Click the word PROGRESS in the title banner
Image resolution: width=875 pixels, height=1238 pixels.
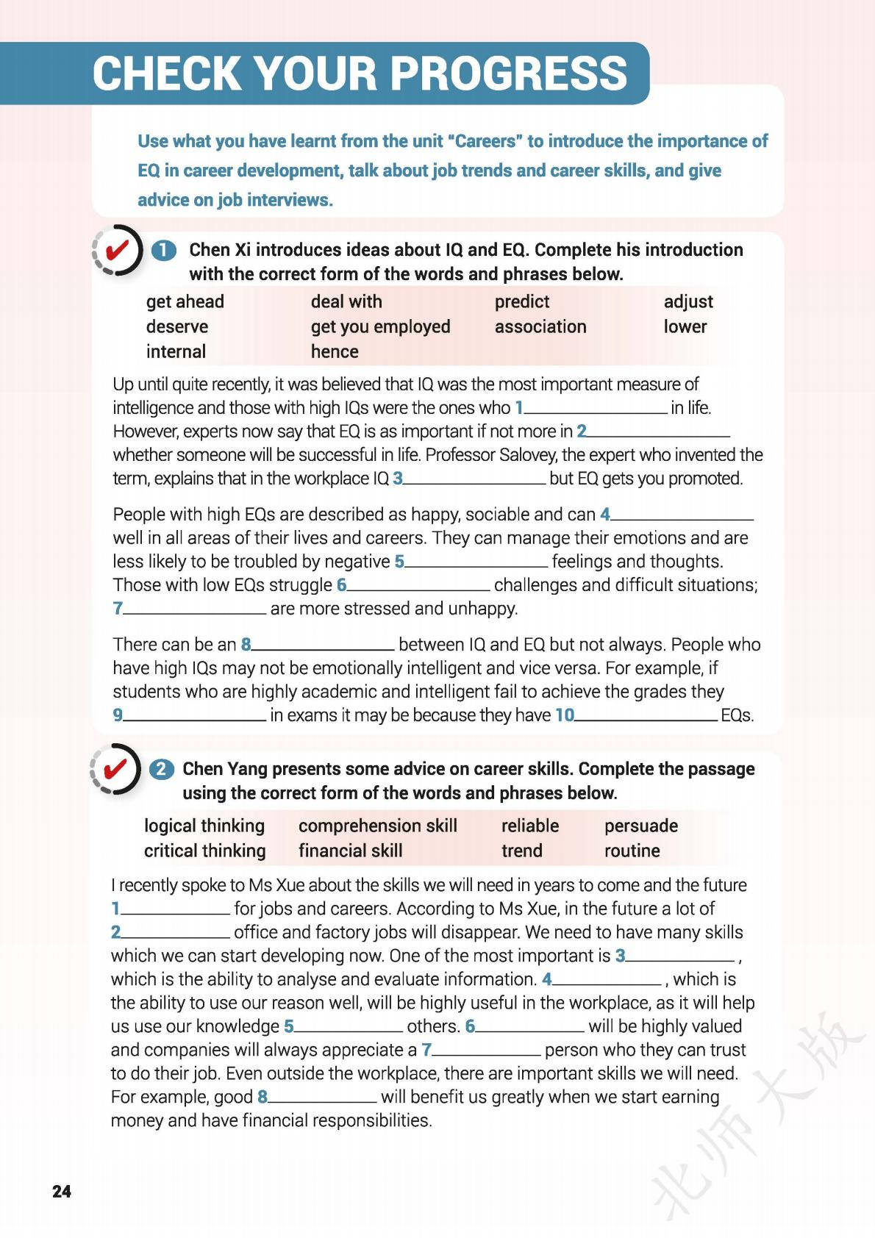[x=508, y=74]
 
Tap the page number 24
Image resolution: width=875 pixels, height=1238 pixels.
[x=62, y=1191]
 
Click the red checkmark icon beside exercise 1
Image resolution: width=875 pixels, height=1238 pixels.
[x=117, y=251]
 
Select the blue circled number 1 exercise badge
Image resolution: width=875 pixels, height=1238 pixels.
[x=164, y=250]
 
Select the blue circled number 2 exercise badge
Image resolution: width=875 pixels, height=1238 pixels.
[x=162, y=769]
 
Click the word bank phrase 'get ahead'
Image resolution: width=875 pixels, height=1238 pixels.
[x=185, y=301]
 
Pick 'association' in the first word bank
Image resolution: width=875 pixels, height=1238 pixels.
[x=540, y=326]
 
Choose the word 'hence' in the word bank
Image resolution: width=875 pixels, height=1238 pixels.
[x=335, y=351]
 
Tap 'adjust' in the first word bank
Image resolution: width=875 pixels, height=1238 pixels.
[x=688, y=301]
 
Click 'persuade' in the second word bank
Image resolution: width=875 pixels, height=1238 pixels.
[x=640, y=826]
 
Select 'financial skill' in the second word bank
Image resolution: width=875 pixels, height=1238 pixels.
[x=350, y=851]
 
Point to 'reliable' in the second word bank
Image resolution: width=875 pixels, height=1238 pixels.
[x=529, y=826]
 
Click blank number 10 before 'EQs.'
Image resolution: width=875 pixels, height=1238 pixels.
[x=646, y=716]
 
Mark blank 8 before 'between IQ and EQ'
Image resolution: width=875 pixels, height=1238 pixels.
[x=324, y=645]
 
